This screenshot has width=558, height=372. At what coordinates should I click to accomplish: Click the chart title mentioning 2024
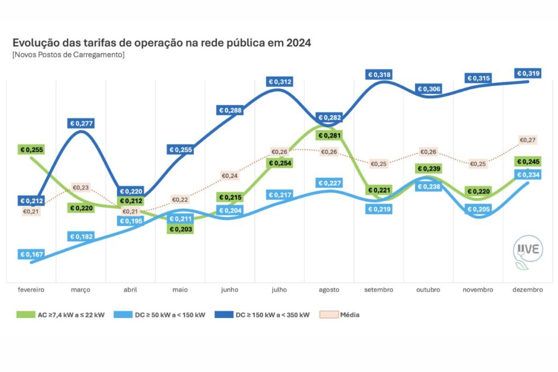coord(161,43)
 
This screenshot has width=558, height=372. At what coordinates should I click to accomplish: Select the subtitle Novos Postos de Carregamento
coord(68,56)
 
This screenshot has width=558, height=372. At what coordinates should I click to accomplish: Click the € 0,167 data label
coord(32,254)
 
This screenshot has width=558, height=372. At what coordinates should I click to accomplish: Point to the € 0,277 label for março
coord(81,124)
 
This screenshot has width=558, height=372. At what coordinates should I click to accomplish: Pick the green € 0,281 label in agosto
coord(329,135)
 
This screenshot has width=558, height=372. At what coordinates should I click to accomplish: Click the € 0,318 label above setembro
coord(379,75)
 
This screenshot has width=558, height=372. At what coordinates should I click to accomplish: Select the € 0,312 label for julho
coord(280,82)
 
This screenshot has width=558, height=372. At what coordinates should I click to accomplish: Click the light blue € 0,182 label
coord(81,236)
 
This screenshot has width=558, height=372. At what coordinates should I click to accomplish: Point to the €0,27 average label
coord(527,140)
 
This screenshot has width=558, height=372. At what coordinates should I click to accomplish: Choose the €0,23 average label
coord(81,187)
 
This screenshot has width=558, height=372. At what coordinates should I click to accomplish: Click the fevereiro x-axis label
coord(31,290)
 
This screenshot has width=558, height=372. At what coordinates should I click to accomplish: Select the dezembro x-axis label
coord(527,290)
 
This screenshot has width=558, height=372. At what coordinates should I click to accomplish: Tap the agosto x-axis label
coord(329,290)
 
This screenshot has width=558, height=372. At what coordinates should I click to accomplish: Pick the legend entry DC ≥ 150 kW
coord(270,314)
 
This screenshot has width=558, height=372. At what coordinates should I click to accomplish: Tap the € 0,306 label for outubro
coord(429,89)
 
